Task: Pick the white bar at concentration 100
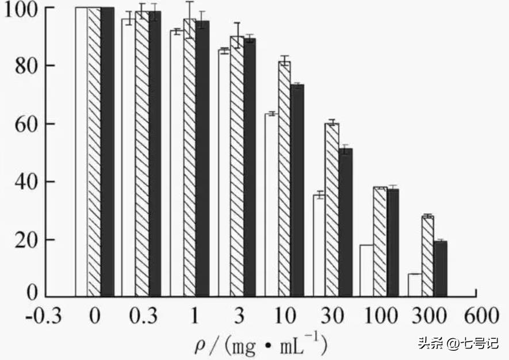(x=366, y=270)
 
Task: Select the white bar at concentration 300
(x=415, y=285)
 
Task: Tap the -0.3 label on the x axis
(x=44, y=316)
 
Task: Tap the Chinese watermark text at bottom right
(x=458, y=343)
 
